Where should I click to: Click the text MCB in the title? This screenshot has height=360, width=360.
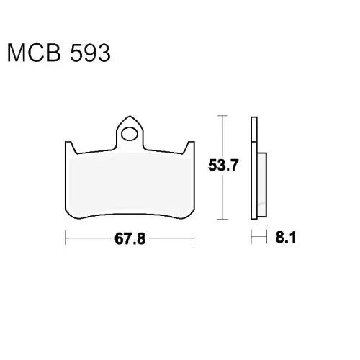tap(34, 53)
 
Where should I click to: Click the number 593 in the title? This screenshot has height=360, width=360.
tap(90, 53)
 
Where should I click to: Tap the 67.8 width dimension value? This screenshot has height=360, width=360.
tap(130, 238)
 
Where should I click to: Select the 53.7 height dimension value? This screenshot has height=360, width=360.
tap(223, 166)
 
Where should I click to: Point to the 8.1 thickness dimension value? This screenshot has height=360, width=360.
tap(286, 238)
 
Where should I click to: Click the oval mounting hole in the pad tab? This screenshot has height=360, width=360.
tap(130, 134)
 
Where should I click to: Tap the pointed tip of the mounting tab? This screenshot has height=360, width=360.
tap(130, 116)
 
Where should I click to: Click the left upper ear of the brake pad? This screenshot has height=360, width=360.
tap(71, 147)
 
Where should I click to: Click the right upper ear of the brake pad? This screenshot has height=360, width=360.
tap(189, 147)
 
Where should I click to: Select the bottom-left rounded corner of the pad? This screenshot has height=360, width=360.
tap(71, 214)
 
